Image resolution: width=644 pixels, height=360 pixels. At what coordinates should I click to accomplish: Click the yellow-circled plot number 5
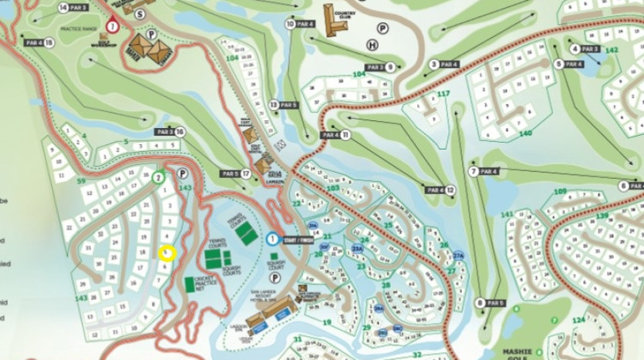(167, 253)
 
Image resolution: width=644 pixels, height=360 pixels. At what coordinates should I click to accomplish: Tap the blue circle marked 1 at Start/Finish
(273, 239)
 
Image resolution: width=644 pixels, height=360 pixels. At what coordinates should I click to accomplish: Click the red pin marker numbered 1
(113, 25)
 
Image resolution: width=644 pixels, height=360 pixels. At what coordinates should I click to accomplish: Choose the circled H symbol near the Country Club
(373, 45)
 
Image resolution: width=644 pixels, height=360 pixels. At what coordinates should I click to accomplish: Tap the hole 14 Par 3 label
(73, 8)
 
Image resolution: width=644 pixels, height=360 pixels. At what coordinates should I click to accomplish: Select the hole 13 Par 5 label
(283, 104)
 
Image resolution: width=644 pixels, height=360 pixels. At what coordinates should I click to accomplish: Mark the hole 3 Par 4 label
(445, 64)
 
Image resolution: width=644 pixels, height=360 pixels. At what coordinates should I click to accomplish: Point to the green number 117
(443, 94)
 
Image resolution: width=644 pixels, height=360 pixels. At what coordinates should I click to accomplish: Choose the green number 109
(560, 191)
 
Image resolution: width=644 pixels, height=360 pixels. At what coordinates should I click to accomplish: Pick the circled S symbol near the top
(140, 13)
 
